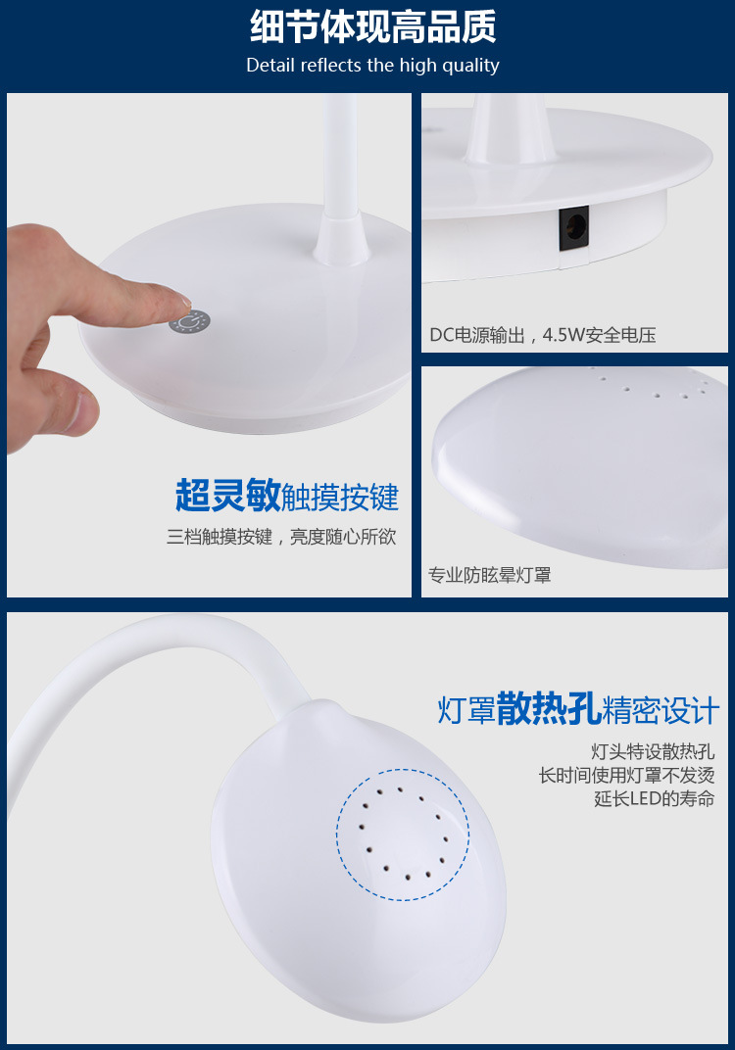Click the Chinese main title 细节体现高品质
click(x=373, y=26)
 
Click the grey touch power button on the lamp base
click(x=189, y=322)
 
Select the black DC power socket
click(x=574, y=227)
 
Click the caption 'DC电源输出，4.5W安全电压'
click(x=543, y=335)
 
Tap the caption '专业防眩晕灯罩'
click(x=489, y=575)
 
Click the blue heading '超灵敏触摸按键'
click(x=287, y=496)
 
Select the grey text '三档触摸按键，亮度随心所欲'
click(x=281, y=537)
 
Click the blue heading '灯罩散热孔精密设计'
click(x=578, y=709)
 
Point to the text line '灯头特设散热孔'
click(x=653, y=751)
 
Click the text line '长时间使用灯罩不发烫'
click(x=626, y=775)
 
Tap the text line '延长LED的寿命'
click(x=654, y=798)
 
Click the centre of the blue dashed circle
click(x=403, y=835)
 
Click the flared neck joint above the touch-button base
click(x=342, y=238)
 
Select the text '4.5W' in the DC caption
click(x=563, y=335)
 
